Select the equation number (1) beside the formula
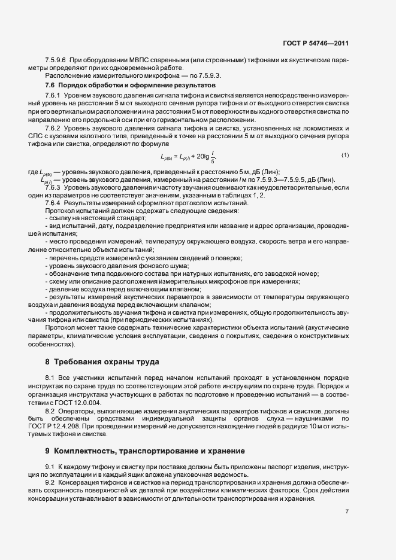tap(345, 156)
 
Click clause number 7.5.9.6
tap(56, 61)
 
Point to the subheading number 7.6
tap(50, 86)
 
